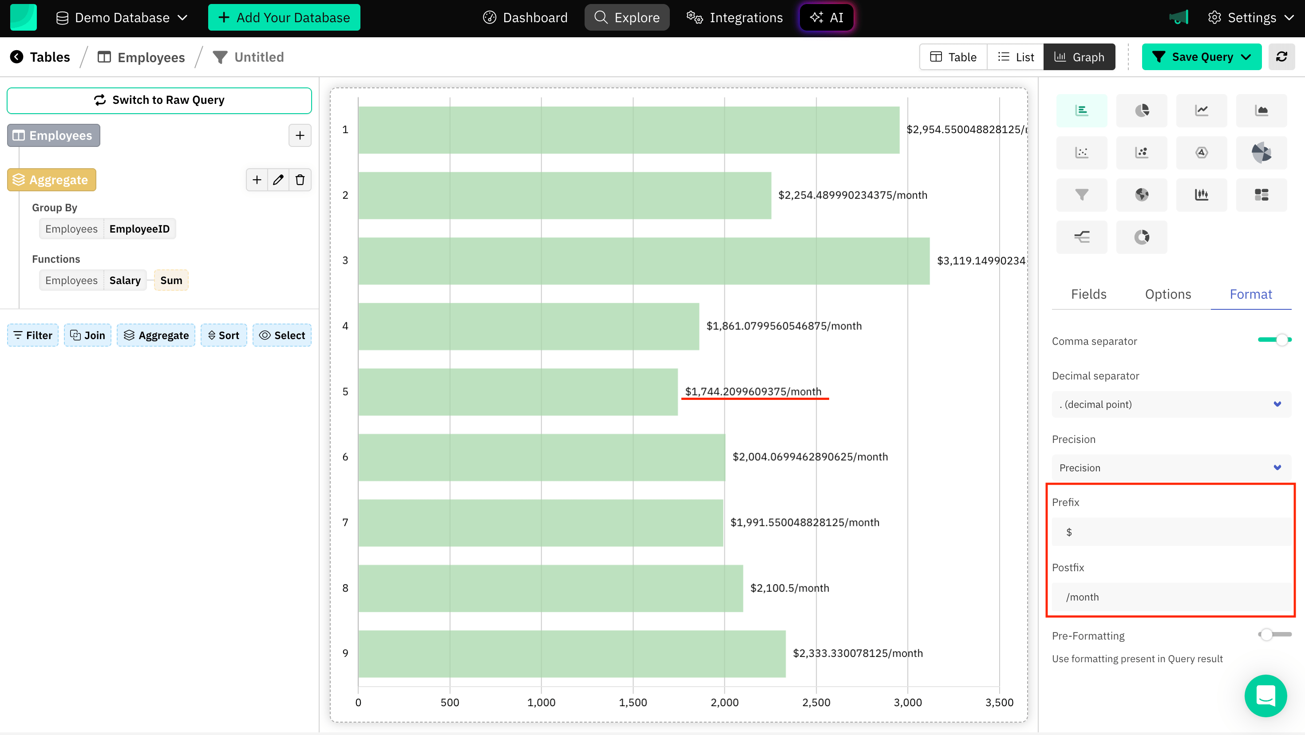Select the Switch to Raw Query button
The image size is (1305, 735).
[159, 100]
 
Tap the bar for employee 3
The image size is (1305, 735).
[643, 261]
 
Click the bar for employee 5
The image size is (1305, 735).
[517, 391]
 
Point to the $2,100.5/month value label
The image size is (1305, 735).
[789, 588]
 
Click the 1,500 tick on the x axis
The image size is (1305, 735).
[633, 703]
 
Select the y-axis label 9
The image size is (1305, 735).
[345, 653]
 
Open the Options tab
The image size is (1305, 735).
[1168, 294]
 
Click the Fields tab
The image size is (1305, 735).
[1088, 294]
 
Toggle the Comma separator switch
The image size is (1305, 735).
[1275, 340]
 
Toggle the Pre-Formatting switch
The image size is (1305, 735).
[1275, 634]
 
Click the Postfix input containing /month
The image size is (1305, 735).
[1170, 597]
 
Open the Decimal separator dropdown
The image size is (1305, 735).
[1170, 404]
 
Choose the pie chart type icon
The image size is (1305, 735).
[1141, 111]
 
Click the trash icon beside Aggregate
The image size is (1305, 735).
[300, 180]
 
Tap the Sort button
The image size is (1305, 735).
[223, 336]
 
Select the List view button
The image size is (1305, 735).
[1015, 57]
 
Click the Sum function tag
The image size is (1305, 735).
[171, 281]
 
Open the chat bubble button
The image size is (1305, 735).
[1265, 695]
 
